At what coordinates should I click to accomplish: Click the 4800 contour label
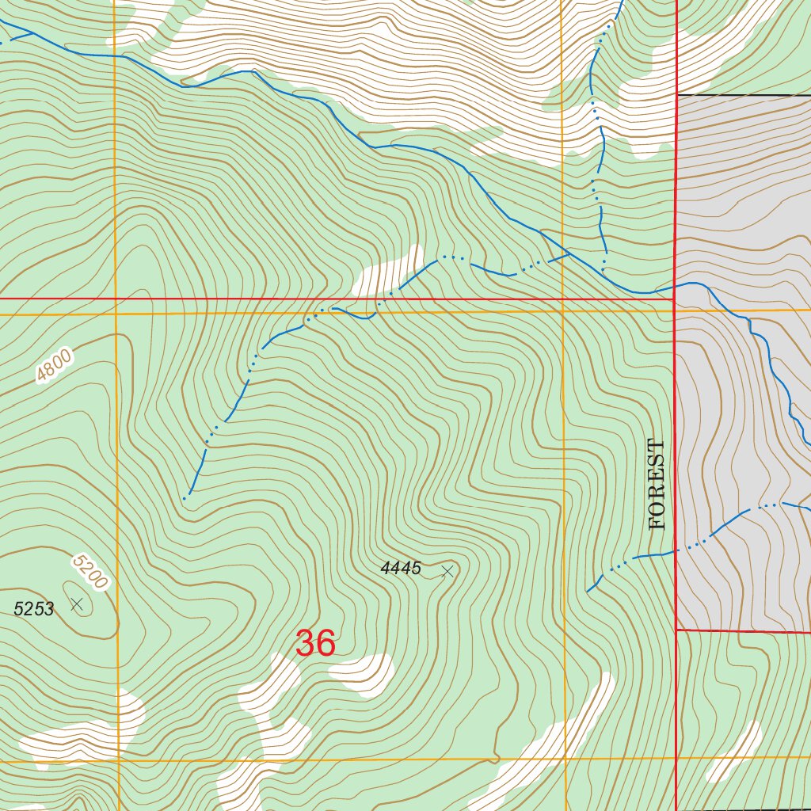tap(55, 366)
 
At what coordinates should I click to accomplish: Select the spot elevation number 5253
tap(34, 609)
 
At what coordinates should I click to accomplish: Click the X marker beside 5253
tap(76, 604)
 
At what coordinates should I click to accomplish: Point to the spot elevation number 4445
tap(401, 569)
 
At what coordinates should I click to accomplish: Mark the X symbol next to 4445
tap(447, 571)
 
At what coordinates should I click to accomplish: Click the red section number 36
tap(315, 644)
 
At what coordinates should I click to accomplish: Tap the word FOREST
tap(657, 485)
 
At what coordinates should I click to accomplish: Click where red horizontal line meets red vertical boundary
tap(674, 299)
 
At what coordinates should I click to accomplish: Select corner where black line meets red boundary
tap(677, 95)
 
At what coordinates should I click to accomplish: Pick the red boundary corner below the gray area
tap(677, 630)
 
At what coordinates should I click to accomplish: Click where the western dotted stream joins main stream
tap(569, 254)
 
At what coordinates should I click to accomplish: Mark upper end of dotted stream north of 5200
tap(185, 498)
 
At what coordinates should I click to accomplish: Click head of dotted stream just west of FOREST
tap(588, 590)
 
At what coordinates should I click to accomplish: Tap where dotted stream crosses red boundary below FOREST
tap(676, 550)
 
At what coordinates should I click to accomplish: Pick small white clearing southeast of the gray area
tap(734, 751)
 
